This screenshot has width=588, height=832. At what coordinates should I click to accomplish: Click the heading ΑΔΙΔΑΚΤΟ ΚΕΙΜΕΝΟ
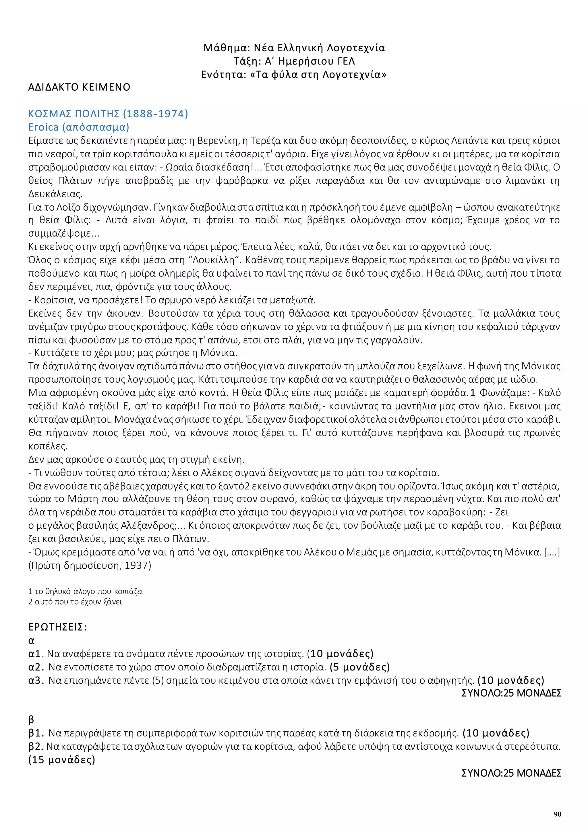pyautogui.click(x=79, y=87)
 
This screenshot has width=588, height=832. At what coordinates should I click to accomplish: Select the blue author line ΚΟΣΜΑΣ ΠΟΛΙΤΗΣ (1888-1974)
pyautogui.click(x=108, y=114)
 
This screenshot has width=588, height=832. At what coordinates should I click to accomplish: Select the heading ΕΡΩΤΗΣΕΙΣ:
pyautogui.click(x=57, y=627)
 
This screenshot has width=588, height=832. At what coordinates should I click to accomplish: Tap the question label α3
pyautogui.click(x=36, y=680)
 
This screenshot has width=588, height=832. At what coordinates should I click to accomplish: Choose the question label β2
pyautogui.click(x=36, y=747)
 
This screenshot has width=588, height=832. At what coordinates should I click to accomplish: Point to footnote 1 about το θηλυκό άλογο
pyautogui.click(x=86, y=591)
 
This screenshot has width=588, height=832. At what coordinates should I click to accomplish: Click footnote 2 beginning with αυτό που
pyautogui.click(x=75, y=602)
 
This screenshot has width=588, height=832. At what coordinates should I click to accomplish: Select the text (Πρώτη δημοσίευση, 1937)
pyautogui.click(x=90, y=565)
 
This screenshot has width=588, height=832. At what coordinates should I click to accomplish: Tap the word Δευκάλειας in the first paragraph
pyautogui.click(x=55, y=194)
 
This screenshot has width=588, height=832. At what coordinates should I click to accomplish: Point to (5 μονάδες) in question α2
pyautogui.click(x=359, y=667)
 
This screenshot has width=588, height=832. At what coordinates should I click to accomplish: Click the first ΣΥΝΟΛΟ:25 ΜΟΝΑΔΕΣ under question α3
pyautogui.click(x=511, y=693)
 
